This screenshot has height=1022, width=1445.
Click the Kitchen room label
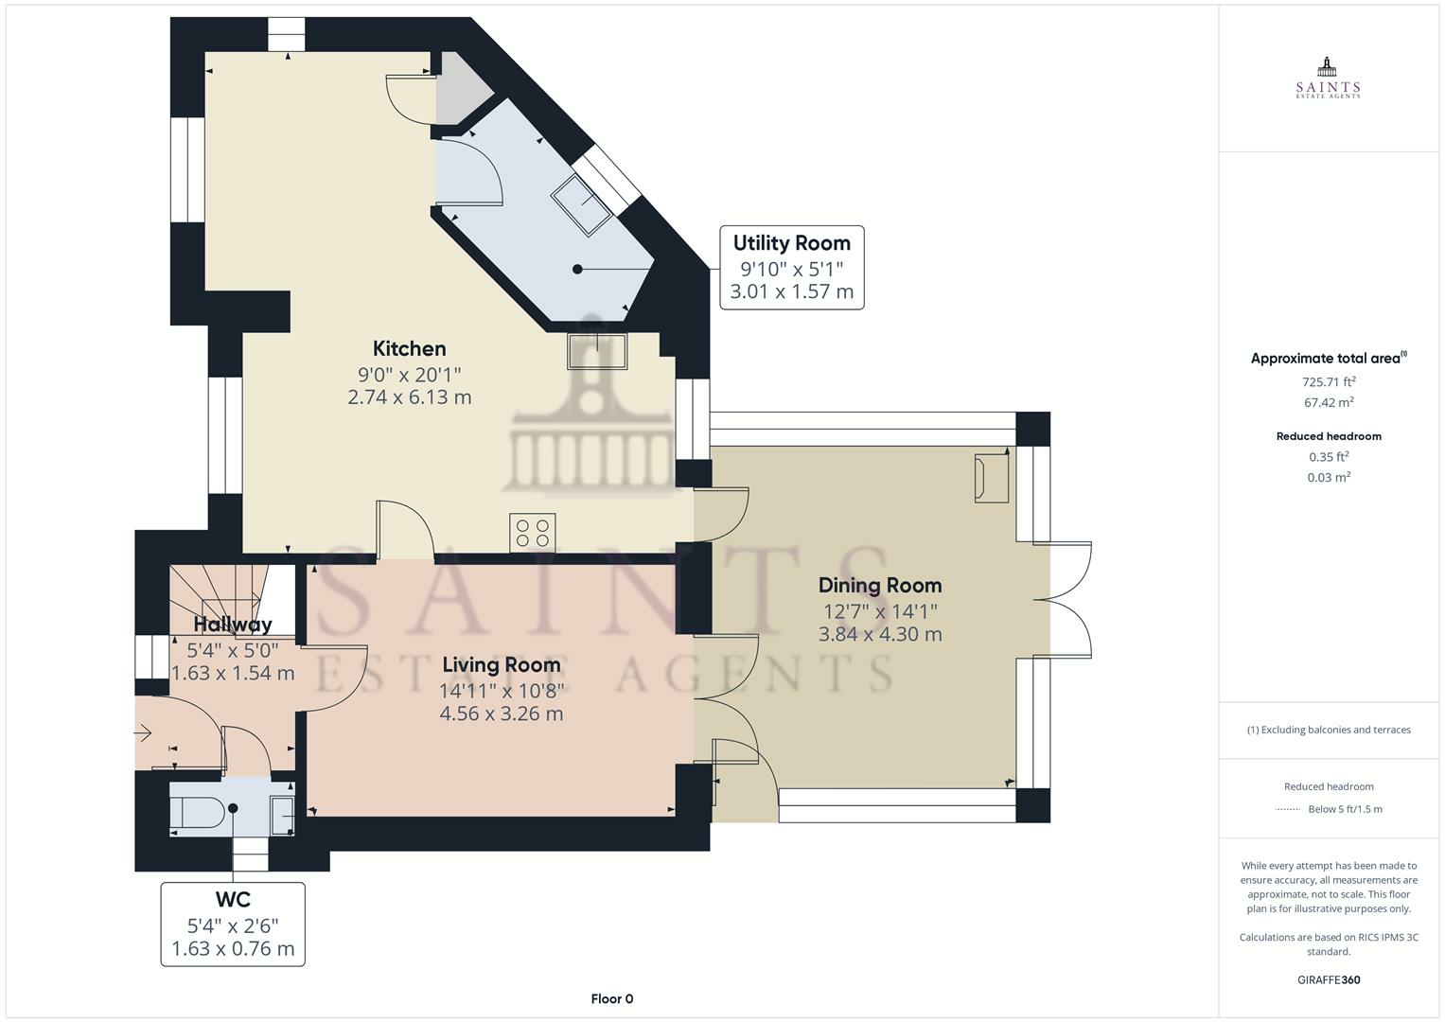coord(409,349)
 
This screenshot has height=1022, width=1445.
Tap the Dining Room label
coord(880,586)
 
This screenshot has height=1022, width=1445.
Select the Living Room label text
coord(502,665)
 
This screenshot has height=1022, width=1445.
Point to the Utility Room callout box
coord(791,267)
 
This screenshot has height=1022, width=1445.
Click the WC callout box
coord(233,924)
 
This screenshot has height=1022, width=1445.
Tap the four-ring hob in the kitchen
coord(532,533)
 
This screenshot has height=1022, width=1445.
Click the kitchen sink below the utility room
coord(597,352)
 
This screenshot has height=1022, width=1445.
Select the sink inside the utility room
coord(581,204)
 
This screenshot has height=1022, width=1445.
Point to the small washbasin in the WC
coord(282,816)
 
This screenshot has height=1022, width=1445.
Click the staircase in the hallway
coord(219,600)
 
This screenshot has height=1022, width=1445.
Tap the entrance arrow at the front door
coord(143,733)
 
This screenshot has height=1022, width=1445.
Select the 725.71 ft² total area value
coord(1329,381)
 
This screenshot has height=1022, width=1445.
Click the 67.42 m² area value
coord(1329,402)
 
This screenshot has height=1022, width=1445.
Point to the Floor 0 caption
coord(612,998)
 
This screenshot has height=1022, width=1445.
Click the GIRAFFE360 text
coord(1329,980)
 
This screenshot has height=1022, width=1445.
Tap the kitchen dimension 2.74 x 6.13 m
coord(409,396)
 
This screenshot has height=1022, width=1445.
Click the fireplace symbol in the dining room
coord(992,478)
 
